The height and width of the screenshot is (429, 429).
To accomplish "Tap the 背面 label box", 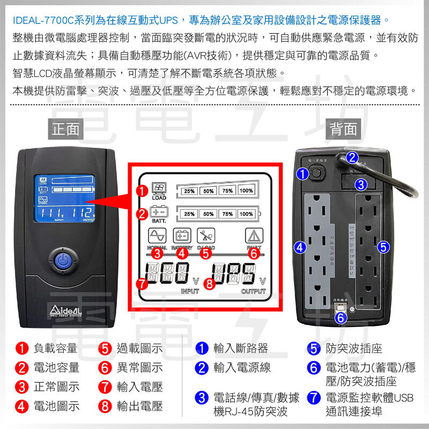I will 344,129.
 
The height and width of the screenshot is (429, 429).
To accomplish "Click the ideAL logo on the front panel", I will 65,311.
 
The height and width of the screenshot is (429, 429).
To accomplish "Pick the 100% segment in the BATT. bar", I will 246,214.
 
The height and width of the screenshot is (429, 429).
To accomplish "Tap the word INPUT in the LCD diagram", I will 189,292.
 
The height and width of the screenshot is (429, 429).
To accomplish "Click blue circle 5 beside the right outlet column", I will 383,247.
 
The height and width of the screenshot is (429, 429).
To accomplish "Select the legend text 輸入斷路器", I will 240,348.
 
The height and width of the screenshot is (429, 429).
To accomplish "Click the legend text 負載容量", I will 55,348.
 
